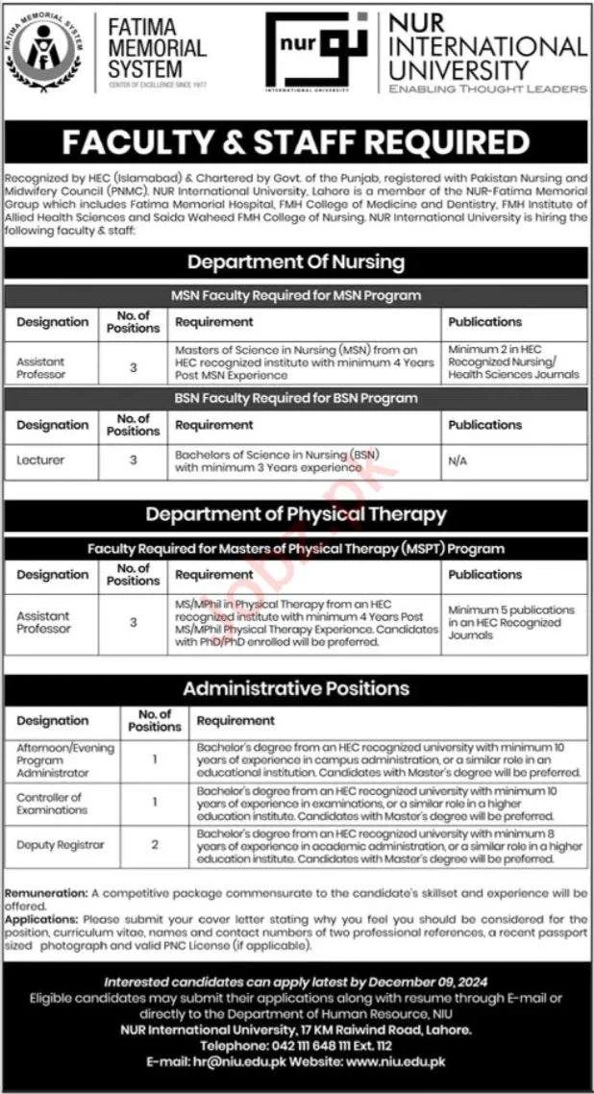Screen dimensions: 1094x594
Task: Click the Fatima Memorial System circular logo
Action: (x=45, y=52)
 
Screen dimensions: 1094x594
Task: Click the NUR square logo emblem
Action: (x=314, y=52)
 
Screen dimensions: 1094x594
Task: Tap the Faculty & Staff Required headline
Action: (x=296, y=142)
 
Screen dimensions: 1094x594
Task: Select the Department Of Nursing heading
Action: (x=296, y=261)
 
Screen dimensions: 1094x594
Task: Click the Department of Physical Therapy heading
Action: (x=296, y=514)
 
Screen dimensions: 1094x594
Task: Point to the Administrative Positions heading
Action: (x=296, y=688)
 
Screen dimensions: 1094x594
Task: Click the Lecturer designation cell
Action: (x=40, y=460)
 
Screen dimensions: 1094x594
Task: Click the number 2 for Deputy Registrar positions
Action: (x=155, y=845)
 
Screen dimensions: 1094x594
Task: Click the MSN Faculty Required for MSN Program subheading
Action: (x=296, y=295)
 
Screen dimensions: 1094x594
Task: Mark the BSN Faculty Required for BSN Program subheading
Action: (x=296, y=398)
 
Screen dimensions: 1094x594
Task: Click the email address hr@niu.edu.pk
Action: (x=232, y=1061)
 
